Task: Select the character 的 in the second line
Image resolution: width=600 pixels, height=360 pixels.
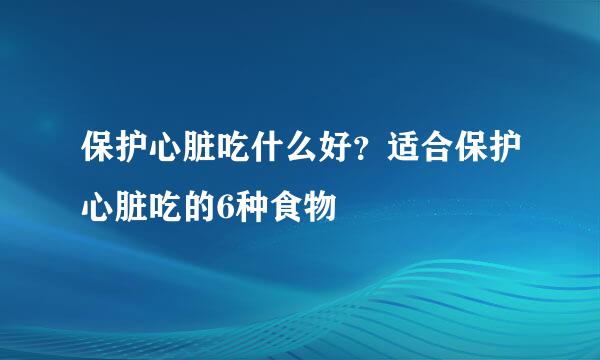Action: pyautogui.click(x=195, y=207)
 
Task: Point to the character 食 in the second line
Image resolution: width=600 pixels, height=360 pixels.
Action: pyautogui.click(x=281, y=207)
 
